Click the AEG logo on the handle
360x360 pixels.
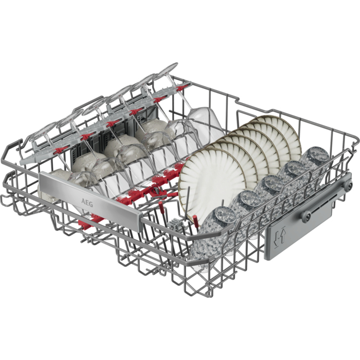tap(87, 203)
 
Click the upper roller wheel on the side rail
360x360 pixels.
tap(347, 184)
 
